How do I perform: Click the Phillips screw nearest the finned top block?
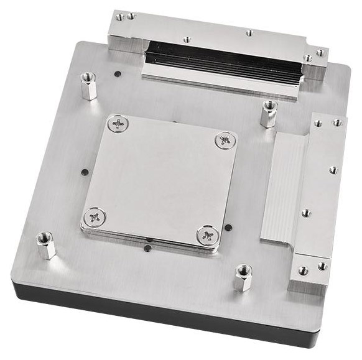coord(117,124)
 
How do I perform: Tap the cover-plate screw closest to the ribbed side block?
coord(225,140)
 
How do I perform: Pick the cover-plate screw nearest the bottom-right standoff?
coord(207,236)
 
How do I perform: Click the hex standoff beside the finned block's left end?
coord(88,86)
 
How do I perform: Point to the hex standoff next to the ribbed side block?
coord(269,114)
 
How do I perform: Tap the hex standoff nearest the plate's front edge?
coord(243,277)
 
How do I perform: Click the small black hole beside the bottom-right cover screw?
coord(229,227)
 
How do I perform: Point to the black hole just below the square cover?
coord(147,248)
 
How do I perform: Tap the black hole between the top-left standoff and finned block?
coord(118,74)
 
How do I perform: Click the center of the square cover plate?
coord(159,180)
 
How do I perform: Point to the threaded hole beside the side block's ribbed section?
coord(306,213)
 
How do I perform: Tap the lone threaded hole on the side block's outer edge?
coord(333,169)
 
